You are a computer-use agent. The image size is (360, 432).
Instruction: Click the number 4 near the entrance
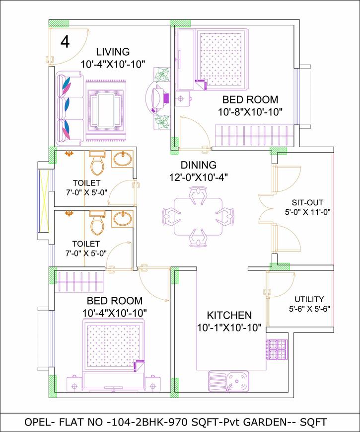coord(65,42)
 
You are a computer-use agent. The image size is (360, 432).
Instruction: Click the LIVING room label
coord(113,52)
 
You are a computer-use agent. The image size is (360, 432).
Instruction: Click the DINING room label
coord(198,165)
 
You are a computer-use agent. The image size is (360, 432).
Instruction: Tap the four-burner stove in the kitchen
coord(277,349)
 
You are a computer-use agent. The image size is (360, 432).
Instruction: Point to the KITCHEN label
coord(229,315)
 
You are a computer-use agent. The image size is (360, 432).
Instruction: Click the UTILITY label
coord(309,299)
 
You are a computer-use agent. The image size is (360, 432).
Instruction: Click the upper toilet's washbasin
coord(122,160)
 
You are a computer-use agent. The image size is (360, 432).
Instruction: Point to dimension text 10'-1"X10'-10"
coord(229,328)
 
